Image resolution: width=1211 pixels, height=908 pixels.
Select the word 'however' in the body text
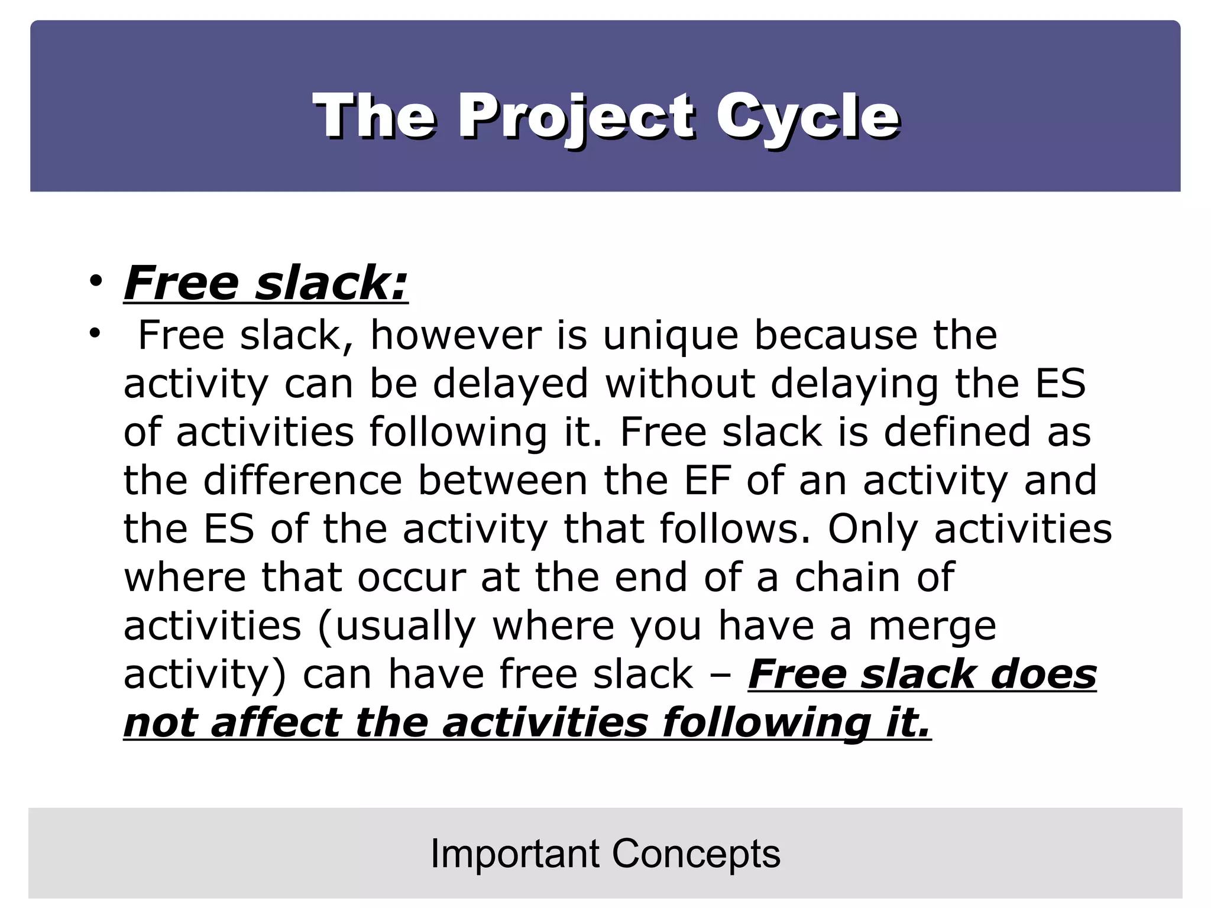coord(455,336)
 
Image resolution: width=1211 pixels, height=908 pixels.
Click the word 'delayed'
coord(510,384)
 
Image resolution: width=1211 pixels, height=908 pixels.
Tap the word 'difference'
coord(303,480)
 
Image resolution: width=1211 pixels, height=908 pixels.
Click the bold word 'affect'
coord(276,722)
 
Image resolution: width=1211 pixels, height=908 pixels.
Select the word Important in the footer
coord(515,854)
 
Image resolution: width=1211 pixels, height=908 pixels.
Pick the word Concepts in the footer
coord(696,854)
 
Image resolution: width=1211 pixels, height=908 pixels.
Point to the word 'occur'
coord(412,577)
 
